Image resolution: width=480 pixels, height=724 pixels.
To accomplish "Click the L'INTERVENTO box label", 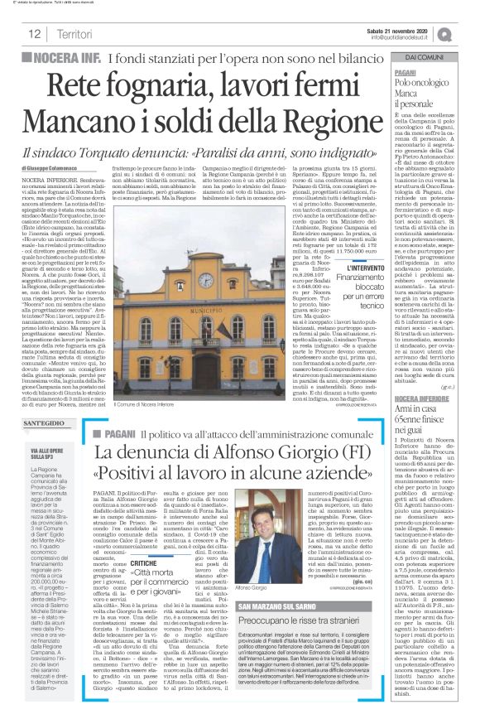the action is click(x=359, y=268).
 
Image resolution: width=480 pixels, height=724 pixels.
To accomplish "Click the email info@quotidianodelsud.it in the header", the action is click(x=409, y=37).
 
